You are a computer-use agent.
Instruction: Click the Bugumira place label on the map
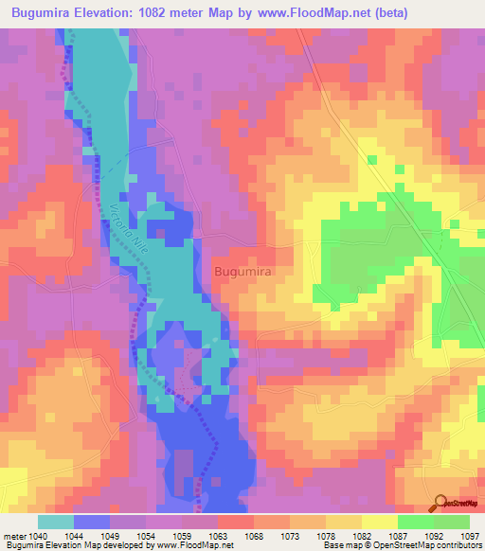243,272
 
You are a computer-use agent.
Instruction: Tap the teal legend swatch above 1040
55,522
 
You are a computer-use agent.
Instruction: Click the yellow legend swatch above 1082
380,522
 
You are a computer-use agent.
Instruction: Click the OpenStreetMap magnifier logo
441,504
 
